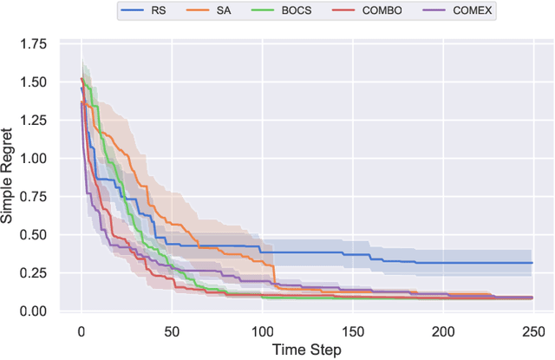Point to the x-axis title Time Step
tap(305, 350)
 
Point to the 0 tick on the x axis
tap(81, 330)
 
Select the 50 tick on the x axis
tap(171, 330)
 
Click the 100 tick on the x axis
tap(261, 330)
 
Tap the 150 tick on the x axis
tap(351, 330)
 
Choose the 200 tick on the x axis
tap(441, 330)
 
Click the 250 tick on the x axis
tap(532, 330)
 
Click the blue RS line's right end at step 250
tap(531, 263)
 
